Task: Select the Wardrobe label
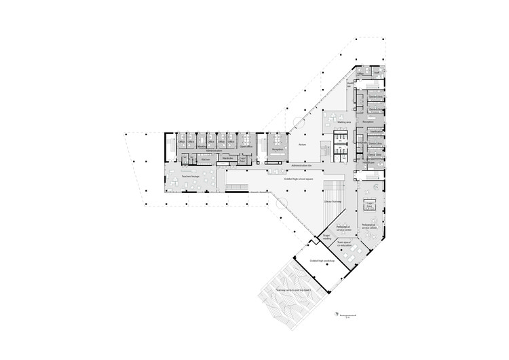[227, 158]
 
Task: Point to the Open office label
[246, 146]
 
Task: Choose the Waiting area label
[343, 123]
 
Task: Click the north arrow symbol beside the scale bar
[335, 312]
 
